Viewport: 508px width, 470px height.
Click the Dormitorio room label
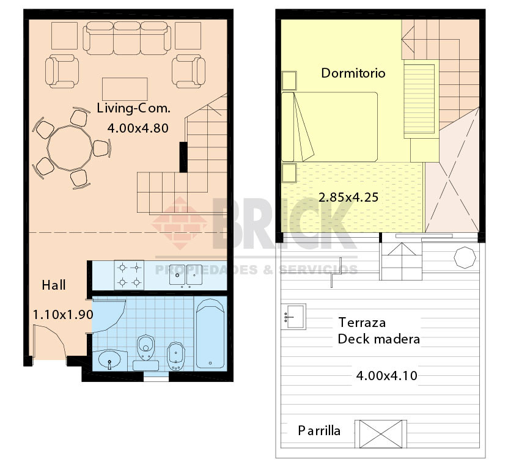tap(353, 73)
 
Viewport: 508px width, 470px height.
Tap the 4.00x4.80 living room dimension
tap(138, 128)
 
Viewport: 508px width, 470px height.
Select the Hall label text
tap(54, 285)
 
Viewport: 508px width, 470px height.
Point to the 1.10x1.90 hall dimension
tap(63, 315)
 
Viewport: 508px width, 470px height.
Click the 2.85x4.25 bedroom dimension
tap(348, 197)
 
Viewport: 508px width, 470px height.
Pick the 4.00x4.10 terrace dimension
tap(386, 376)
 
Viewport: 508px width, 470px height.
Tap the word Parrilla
tap(319, 431)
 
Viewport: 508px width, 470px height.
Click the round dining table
tap(70, 148)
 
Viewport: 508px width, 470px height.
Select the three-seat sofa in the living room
tap(127, 38)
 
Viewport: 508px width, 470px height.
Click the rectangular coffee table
tap(125, 89)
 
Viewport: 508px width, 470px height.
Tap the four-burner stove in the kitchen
tap(129, 275)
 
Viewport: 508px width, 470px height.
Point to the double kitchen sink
tap(186, 275)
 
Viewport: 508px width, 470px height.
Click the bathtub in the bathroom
tap(210, 334)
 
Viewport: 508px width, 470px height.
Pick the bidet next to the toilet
tap(176, 356)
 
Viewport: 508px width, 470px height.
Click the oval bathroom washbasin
tap(109, 360)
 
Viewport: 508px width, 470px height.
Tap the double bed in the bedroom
tap(329, 127)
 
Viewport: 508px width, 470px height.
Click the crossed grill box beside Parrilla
tap(381, 434)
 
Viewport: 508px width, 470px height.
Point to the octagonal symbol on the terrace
tap(465, 257)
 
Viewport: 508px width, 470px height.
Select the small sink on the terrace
tap(293, 317)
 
